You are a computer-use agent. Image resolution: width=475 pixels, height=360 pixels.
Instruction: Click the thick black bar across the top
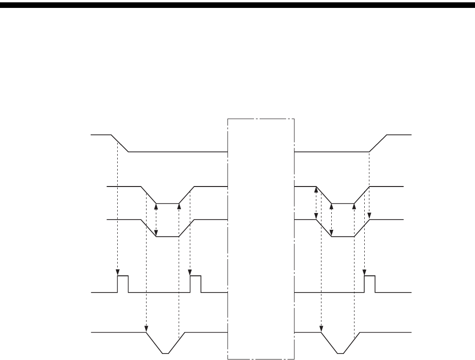pos(237,5)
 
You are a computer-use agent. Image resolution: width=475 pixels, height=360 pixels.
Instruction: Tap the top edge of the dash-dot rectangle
pos(261,119)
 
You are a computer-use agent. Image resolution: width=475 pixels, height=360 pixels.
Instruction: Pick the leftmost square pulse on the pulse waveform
pos(123,283)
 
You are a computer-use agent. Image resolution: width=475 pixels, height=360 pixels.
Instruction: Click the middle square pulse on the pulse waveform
pos(195,283)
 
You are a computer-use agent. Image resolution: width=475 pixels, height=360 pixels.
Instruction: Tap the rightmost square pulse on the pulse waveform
pos(369,283)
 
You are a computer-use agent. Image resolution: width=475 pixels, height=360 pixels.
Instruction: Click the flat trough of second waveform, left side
pos(167,204)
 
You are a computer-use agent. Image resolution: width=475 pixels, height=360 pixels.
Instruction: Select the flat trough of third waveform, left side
pos(167,237)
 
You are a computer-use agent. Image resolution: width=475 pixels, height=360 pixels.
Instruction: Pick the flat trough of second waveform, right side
pos(342,204)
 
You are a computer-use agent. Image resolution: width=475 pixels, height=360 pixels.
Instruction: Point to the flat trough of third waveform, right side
pos(342,237)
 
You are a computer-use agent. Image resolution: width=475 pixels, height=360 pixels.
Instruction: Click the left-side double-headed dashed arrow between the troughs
pos(156,220)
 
